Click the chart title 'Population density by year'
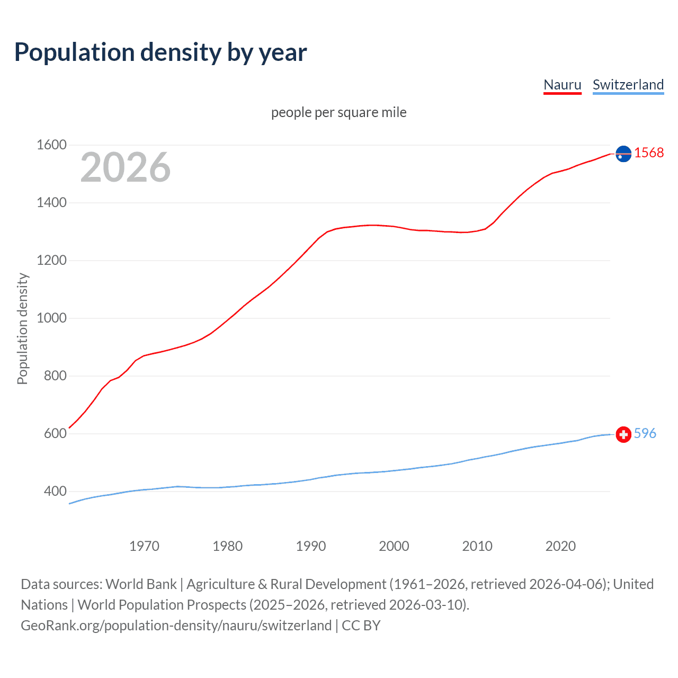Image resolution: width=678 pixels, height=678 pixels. (160, 52)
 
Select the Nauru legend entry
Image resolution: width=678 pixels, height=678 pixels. (562, 85)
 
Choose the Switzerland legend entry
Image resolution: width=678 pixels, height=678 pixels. (628, 85)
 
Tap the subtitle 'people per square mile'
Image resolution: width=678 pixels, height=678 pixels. (338, 112)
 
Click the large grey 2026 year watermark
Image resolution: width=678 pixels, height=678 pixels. (126, 167)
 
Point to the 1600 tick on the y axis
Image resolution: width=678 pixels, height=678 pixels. (51, 145)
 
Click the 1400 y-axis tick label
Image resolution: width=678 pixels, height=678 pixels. (51, 202)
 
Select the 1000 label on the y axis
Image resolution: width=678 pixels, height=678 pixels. (51, 318)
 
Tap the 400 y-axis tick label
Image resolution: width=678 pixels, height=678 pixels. (55, 491)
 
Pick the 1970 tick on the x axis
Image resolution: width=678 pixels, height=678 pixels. (144, 546)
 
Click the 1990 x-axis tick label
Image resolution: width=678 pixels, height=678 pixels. (311, 546)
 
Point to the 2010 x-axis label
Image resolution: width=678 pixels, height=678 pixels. (477, 546)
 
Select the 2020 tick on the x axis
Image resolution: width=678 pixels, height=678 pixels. (560, 546)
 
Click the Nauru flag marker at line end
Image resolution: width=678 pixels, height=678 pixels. (623, 154)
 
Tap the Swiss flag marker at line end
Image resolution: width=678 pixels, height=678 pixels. (623, 434)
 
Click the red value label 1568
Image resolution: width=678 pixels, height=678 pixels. (649, 153)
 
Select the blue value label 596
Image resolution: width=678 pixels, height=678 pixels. (645, 433)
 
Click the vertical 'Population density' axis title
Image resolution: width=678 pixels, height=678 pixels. (22, 328)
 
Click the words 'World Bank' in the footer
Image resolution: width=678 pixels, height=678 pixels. (141, 584)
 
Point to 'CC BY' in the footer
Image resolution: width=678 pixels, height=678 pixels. (361, 625)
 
